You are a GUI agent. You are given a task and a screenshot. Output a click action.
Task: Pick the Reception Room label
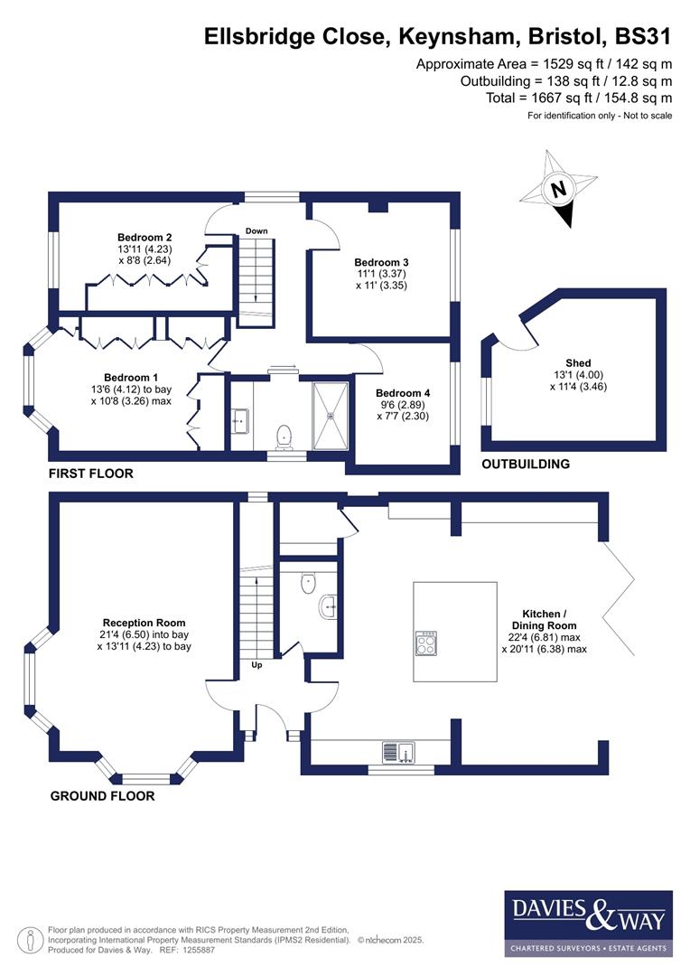145,623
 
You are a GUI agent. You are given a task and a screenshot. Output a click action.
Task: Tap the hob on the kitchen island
425,643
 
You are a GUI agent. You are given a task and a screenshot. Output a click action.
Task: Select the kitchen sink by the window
398,751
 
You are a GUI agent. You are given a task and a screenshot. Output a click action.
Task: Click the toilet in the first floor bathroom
285,436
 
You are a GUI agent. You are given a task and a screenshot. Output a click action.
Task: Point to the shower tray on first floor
331,415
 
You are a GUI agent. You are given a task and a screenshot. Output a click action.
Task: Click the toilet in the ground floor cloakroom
307,583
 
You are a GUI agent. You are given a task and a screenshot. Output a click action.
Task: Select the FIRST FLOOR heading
92,474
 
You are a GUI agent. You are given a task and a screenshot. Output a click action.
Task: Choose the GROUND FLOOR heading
102,796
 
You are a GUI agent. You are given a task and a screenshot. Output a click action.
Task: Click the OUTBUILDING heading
526,464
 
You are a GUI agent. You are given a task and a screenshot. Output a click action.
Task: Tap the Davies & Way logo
588,922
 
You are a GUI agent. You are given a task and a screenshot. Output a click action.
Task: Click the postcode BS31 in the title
643,37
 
